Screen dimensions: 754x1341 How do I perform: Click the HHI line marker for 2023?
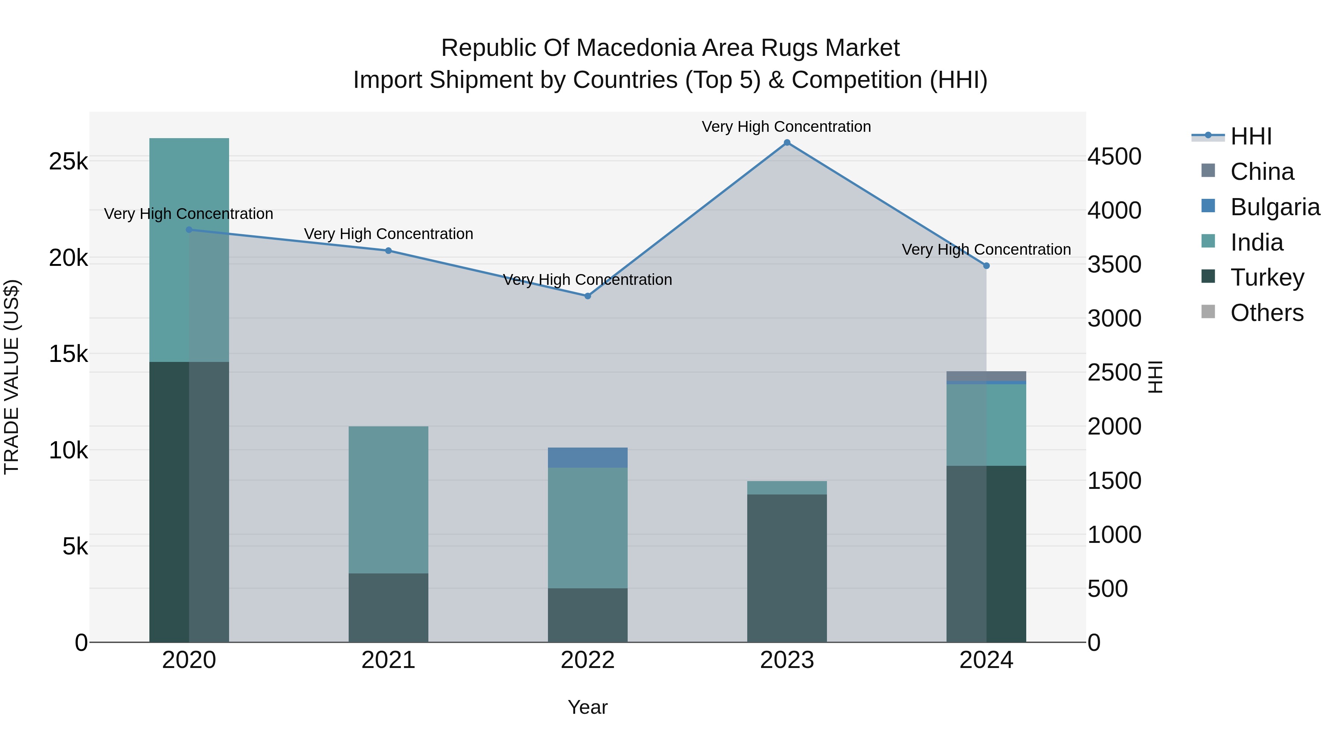click(787, 143)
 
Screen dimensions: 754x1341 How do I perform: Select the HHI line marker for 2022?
click(588, 296)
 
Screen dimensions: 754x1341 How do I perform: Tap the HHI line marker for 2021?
click(389, 251)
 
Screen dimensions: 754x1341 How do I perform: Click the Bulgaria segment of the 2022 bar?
click(588, 457)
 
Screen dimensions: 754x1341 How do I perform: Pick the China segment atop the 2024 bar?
click(986, 376)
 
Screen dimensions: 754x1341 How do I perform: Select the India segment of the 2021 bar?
click(389, 500)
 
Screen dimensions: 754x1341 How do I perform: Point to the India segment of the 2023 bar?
click(787, 487)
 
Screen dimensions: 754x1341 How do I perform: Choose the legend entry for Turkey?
click(1266, 277)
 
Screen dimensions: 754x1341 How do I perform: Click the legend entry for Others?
click(1266, 313)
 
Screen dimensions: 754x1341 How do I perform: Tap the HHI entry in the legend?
click(1251, 136)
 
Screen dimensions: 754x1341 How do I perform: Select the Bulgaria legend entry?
click(1275, 207)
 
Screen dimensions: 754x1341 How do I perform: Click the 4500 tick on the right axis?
click(1115, 157)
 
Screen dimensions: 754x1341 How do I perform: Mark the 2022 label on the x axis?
click(588, 660)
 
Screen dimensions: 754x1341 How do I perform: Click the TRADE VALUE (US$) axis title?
click(12, 377)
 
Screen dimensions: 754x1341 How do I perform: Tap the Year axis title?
click(588, 707)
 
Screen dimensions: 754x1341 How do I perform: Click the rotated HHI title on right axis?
click(1155, 377)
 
